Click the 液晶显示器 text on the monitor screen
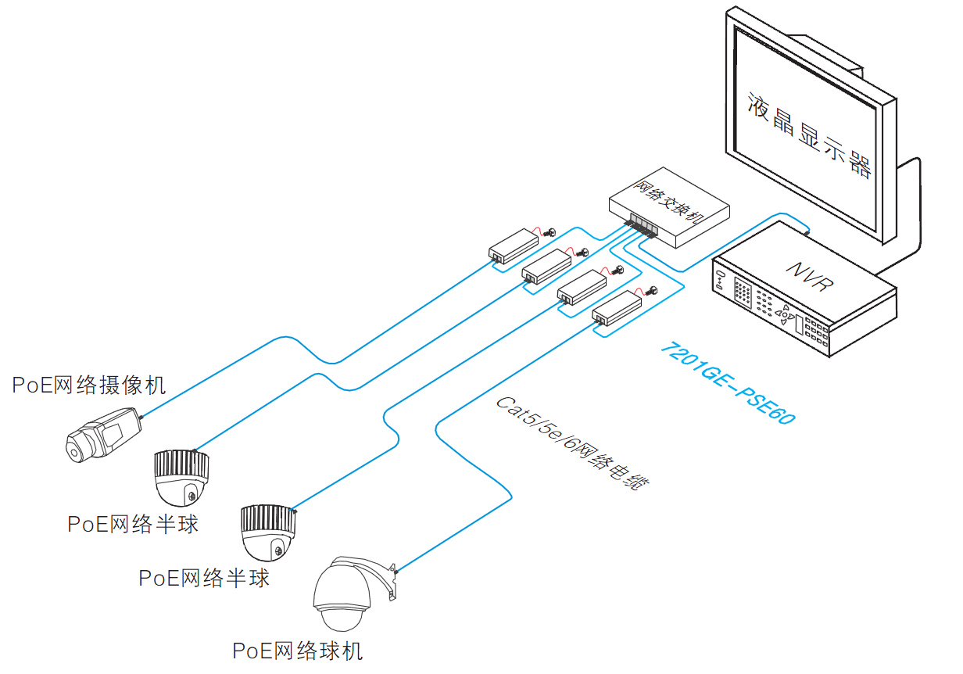point(808,134)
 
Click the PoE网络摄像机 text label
point(88,385)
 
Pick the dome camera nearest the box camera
point(182,477)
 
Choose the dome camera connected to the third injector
point(268,532)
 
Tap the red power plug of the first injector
point(548,233)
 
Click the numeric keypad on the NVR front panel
point(742,293)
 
